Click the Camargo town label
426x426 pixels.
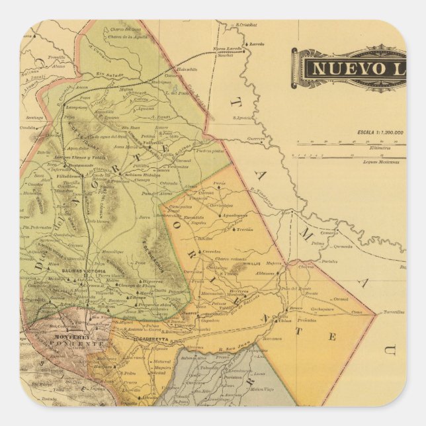[329, 232]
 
